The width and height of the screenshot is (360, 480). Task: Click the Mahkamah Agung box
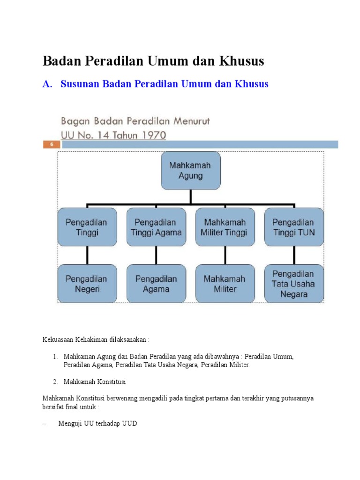[x=190, y=171]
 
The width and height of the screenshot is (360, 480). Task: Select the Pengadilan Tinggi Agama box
[x=156, y=227]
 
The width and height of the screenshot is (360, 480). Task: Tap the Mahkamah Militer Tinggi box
[x=225, y=227]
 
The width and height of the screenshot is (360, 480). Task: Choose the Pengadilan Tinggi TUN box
[x=294, y=227]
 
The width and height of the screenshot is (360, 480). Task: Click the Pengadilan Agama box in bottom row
[x=156, y=284]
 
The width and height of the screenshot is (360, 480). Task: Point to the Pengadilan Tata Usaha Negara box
[x=294, y=284]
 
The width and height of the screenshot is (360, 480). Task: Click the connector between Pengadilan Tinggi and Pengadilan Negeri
[x=87, y=255]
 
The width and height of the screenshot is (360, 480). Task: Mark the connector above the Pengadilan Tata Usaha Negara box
[x=294, y=255]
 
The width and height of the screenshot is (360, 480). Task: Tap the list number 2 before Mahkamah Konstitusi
[x=56, y=382]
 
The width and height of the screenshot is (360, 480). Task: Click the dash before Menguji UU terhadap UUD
[x=45, y=424]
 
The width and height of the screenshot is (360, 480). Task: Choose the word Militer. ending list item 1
[x=239, y=365]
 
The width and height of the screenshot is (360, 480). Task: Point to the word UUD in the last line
[x=129, y=424]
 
